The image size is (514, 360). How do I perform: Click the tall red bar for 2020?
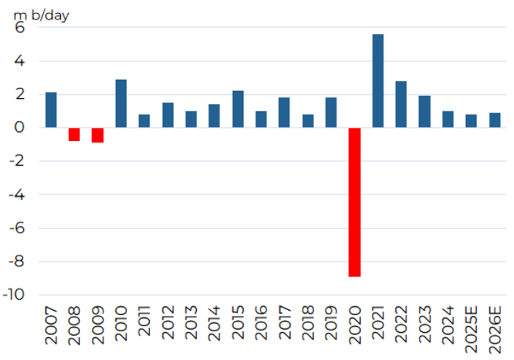click(354, 202)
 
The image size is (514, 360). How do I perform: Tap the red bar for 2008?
click(74, 134)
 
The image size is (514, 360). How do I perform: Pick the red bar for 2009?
click(97, 135)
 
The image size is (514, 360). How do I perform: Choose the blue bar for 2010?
click(121, 104)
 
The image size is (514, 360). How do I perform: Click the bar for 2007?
click(51, 110)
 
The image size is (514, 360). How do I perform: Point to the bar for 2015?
click(238, 109)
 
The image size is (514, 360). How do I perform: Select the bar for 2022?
click(401, 104)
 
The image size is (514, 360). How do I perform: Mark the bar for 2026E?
click(495, 120)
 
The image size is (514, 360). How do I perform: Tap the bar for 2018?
click(308, 121)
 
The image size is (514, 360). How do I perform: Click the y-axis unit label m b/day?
click(41, 15)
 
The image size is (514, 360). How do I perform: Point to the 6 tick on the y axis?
click(21, 28)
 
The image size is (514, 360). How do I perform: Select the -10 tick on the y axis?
click(15, 295)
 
